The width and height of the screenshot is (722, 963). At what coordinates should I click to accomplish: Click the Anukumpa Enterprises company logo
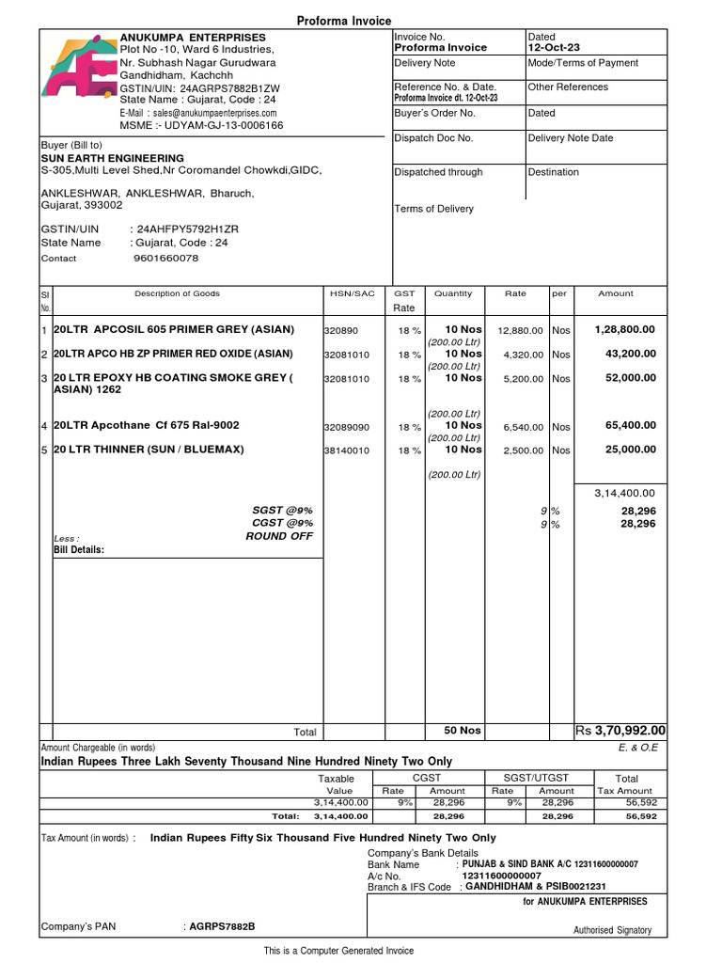click(x=78, y=69)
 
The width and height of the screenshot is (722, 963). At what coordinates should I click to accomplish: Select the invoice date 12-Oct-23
click(x=554, y=47)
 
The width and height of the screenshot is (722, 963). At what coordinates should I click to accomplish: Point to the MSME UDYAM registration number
click(x=222, y=125)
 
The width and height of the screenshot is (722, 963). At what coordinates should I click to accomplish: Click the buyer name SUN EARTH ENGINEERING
click(x=112, y=158)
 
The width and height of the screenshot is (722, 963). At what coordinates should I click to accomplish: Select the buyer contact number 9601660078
click(x=166, y=258)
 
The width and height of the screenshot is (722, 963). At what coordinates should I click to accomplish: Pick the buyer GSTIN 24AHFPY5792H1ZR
click(x=188, y=229)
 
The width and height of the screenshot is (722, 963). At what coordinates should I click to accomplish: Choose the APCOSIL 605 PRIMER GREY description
click(x=174, y=329)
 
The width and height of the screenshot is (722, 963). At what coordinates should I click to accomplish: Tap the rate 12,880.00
click(x=521, y=331)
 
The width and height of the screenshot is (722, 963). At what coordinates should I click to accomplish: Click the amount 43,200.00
click(x=631, y=354)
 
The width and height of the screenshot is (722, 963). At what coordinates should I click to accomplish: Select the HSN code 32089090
click(x=347, y=427)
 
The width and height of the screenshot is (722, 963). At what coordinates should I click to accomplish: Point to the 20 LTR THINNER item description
click(x=149, y=450)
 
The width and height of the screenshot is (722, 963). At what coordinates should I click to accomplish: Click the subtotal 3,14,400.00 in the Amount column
click(x=625, y=493)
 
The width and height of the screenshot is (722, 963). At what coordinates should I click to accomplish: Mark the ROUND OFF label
click(x=279, y=536)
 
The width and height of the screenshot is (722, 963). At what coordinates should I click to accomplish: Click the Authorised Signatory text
click(x=612, y=930)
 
